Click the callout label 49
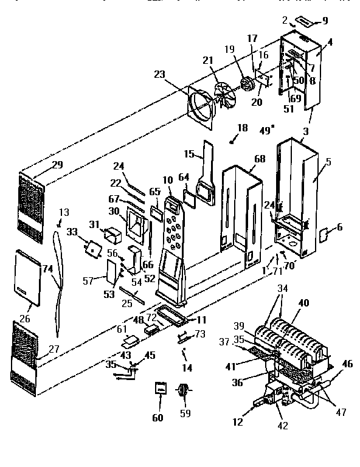(266, 129)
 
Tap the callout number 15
(189, 154)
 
